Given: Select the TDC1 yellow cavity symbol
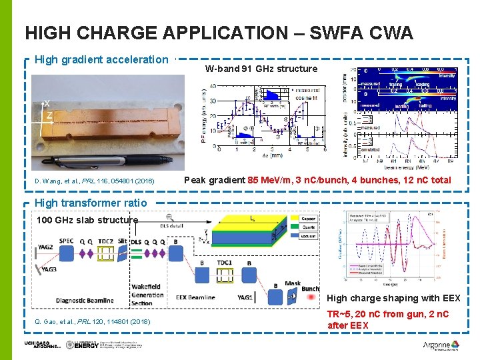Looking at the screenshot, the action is pos(225,273).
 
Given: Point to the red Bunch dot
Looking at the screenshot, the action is pos(309,297).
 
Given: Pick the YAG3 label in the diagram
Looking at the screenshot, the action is pos(49,269).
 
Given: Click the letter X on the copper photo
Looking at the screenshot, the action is pos(47,104).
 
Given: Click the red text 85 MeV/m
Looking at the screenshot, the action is pos(271,180).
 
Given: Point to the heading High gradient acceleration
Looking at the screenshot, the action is pos(101,60).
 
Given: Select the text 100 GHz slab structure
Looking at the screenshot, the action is pos(87,220).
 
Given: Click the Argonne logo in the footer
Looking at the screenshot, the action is pos(441,345).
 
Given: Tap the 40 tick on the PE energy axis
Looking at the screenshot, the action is pos(211,86).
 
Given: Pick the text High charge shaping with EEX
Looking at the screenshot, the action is pos(393,298).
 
